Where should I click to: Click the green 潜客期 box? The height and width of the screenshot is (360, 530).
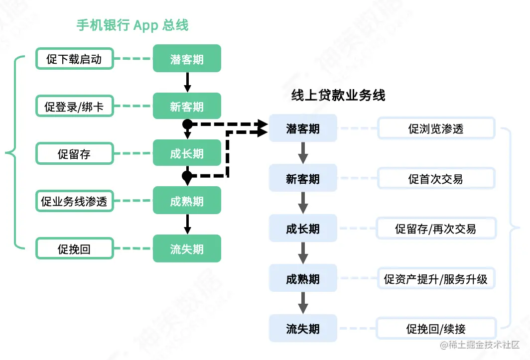pos(187,59)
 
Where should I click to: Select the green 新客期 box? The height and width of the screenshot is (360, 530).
pos(187,106)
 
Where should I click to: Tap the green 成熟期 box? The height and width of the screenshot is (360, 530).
pos(187,201)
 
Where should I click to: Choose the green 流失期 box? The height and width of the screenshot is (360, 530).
pos(187,248)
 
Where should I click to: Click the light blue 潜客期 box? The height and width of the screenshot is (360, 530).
pos(303,128)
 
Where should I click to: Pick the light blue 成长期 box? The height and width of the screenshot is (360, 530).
pos(303,229)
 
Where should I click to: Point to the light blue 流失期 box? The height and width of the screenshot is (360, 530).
pos(303,329)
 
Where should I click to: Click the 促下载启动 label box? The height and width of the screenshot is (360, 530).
pos(75,59)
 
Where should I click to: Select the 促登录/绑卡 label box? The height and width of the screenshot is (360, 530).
pos(75,106)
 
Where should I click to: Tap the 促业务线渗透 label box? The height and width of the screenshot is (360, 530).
pos(75,201)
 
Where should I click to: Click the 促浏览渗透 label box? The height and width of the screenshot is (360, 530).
pos(436,128)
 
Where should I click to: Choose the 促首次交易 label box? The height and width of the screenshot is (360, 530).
pos(436,178)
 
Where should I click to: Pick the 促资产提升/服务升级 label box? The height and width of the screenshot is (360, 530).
pos(436,278)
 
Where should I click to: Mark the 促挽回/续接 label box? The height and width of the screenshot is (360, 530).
pos(436,329)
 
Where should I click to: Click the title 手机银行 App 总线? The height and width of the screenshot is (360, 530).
pos(132,25)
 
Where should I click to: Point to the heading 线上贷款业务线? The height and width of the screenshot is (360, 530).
pos(338,95)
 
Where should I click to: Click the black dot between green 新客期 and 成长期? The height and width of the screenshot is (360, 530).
pos(187,123)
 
